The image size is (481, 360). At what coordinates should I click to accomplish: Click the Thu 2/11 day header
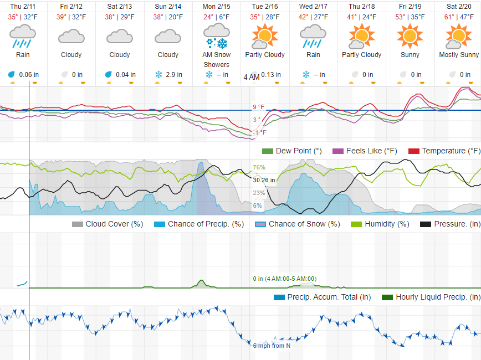point(23,7)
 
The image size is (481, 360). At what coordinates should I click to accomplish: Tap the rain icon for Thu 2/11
point(23,37)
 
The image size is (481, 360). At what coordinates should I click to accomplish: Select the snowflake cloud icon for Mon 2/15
point(216,37)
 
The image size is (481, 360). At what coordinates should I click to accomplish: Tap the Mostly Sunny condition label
point(459,55)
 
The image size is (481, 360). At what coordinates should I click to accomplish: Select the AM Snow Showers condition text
point(216,59)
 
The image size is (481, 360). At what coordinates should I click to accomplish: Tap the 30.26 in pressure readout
point(264,180)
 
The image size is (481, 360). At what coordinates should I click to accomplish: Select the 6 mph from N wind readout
point(272,346)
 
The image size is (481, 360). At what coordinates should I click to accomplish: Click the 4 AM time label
point(251,77)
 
